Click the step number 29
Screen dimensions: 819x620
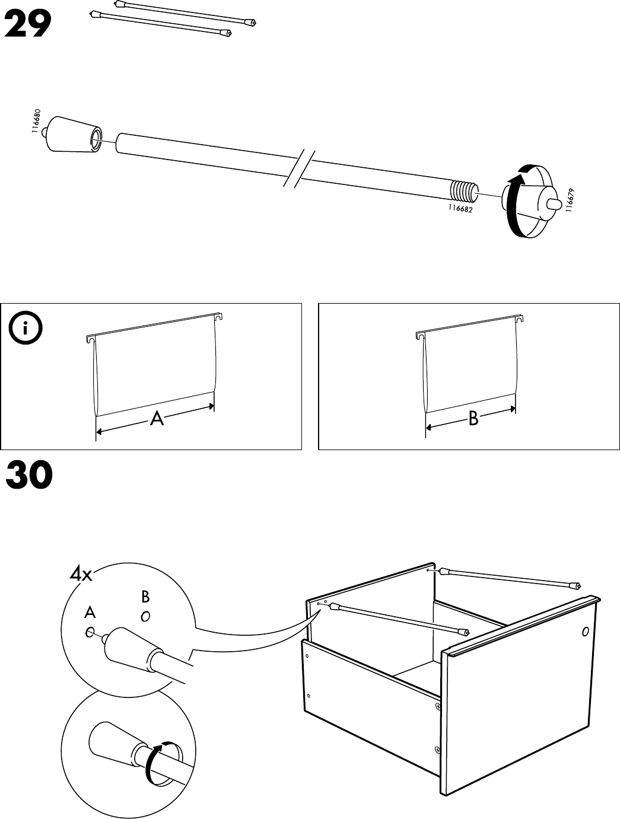click(x=28, y=26)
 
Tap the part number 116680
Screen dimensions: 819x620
click(x=37, y=123)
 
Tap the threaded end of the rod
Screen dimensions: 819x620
click(x=463, y=190)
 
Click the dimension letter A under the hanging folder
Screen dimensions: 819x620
click(x=157, y=419)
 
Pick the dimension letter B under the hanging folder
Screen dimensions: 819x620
click(x=473, y=419)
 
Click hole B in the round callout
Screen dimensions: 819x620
click(x=145, y=617)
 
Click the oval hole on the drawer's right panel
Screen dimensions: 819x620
click(x=585, y=632)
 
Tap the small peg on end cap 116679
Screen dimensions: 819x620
click(x=554, y=203)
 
